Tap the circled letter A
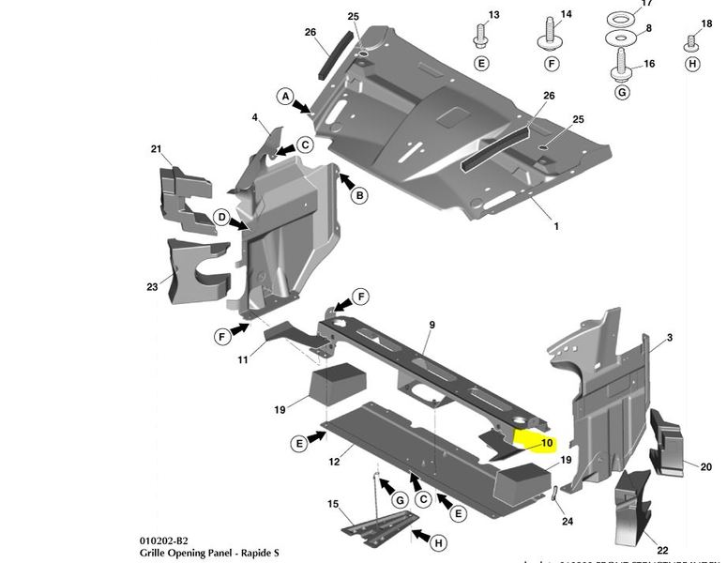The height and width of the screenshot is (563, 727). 284,96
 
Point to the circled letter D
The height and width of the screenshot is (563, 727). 221,218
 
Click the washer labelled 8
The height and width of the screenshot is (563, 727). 620,38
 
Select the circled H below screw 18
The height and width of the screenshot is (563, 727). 692,64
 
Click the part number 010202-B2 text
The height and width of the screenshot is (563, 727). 164,541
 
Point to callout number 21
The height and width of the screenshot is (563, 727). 157,149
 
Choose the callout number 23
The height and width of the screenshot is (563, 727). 152,286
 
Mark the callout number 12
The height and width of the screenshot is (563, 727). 334,462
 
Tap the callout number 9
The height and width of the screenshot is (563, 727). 432,325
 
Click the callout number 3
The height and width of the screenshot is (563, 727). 670,337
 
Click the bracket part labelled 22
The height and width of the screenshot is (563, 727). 631,507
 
